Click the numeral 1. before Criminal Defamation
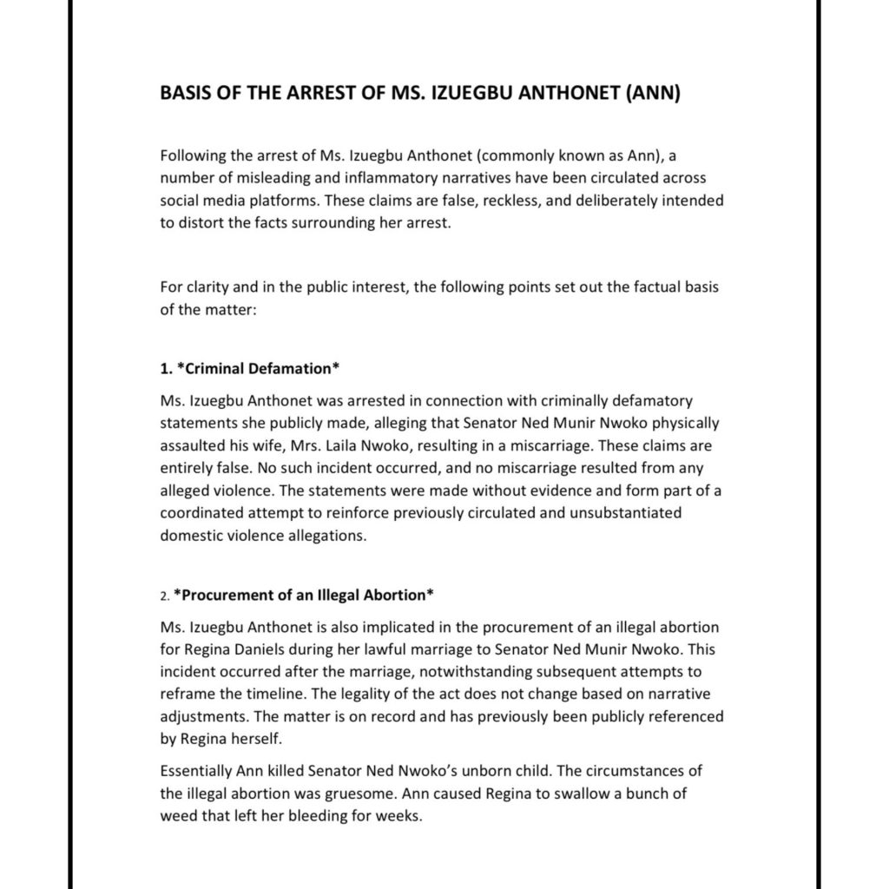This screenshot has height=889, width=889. click(166, 368)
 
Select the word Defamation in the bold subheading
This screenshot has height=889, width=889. click(293, 368)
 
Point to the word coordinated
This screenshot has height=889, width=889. click(203, 513)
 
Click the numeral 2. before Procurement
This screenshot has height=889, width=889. click(165, 596)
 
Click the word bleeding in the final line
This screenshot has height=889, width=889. click(320, 817)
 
